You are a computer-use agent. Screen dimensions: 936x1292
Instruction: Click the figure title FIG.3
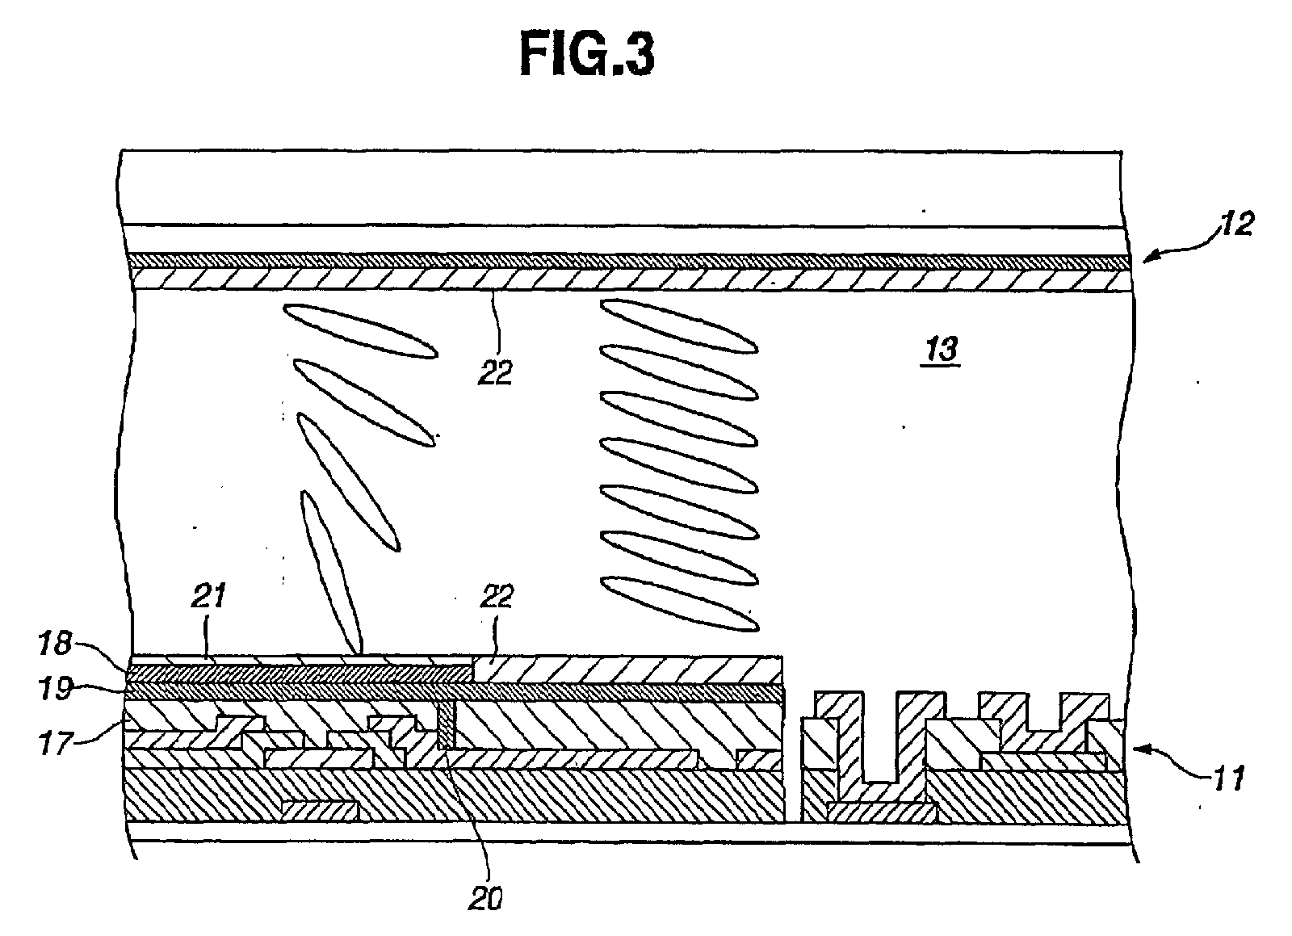pos(586,56)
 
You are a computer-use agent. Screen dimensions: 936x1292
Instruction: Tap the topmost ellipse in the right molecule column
pos(679,325)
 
